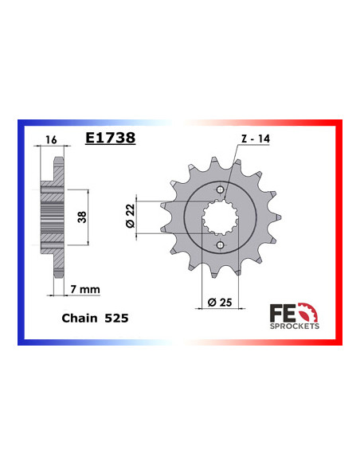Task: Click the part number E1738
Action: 110,137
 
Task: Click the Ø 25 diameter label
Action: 220,301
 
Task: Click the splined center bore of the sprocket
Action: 219,215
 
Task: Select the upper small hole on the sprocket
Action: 219,189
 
